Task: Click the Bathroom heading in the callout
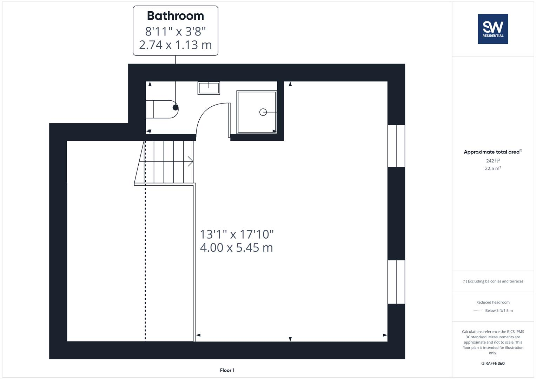pyautogui.click(x=175, y=16)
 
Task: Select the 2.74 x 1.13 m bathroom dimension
pyautogui.click(x=175, y=45)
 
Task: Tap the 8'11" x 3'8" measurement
pyautogui.click(x=175, y=31)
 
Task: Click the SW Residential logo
pyautogui.click(x=493, y=29)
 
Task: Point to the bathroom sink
pyautogui.click(x=209, y=88)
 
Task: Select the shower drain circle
pyautogui.click(x=263, y=112)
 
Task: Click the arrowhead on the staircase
pyautogui.click(x=191, y=161)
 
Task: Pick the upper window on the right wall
pyautogui.click(x=396, y=146)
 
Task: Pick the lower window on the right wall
pyautogui.click(x=396, y=282)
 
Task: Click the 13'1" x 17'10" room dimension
pyautogui.click(x=237, y=234)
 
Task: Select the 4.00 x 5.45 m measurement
pyautogui.click(x=236, y=248)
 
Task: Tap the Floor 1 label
pyautogui.click(x=227, y=370)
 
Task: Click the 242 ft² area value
pyautogui.click(x=493, y=161)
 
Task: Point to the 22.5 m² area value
pyautogui.click(x=493, y=168)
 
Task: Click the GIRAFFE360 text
pyautogui.click(x=493, y=364)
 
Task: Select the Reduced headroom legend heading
pyautogui.click(x=493, y=302)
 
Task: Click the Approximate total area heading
pyautogui.click(x=491, y=152)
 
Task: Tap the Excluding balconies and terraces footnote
pyautogui.click(x=493, y=281)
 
